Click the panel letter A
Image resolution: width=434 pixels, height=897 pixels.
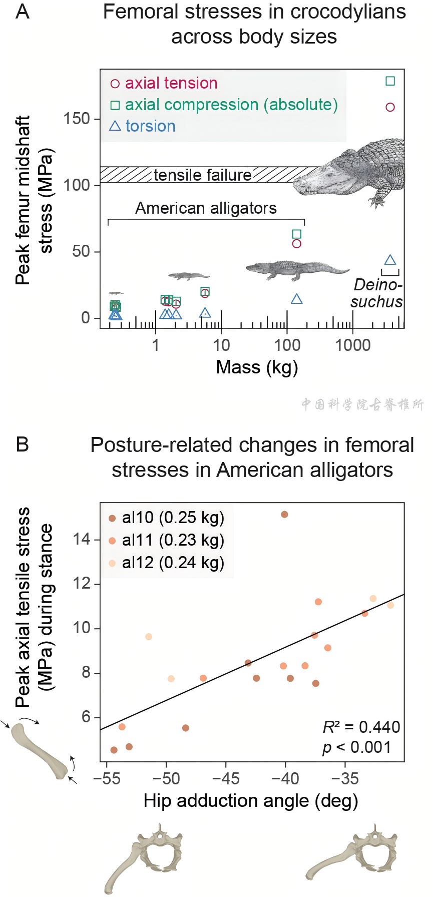pyautogui.click(x=23, y=12)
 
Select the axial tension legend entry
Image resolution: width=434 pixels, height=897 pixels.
pyautogui.click(x=164, y=83)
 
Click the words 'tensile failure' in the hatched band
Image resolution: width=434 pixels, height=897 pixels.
pyautogui.click(x=202, y=175)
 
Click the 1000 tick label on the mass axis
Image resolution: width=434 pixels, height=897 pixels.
pyautogui.click(x=353, y=345)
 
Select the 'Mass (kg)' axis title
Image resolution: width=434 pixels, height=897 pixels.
pyautogui.click(x=257, y=367)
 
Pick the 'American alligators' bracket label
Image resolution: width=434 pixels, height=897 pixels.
pyautogui.click(x=206, y=208)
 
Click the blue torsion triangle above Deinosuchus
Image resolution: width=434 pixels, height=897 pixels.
pyautogui.click(x=390, y=260)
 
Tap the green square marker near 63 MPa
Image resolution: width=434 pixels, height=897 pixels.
pyautogui.click(x=296, y=234)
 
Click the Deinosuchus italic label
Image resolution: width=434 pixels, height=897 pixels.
pyautogui.click(x=377, y=293)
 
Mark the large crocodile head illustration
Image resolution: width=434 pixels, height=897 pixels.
pyautogui.click(x=350, y=173)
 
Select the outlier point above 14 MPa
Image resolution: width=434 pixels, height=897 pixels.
pyautogui.click(x=284, y=515)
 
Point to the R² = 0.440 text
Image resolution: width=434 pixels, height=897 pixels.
pyautogui.click(x=361, y=727)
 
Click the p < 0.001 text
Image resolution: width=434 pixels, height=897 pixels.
pyautogui.click(x=356, y=747)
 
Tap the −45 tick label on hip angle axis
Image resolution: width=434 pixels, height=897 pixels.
pyautogui.click(x=225, y=779)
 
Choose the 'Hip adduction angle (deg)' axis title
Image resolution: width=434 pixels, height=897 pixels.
pyautogui.click(x=251, y=801)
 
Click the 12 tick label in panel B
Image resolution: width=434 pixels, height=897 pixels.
pyautogui.click(x=82, y=584)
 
